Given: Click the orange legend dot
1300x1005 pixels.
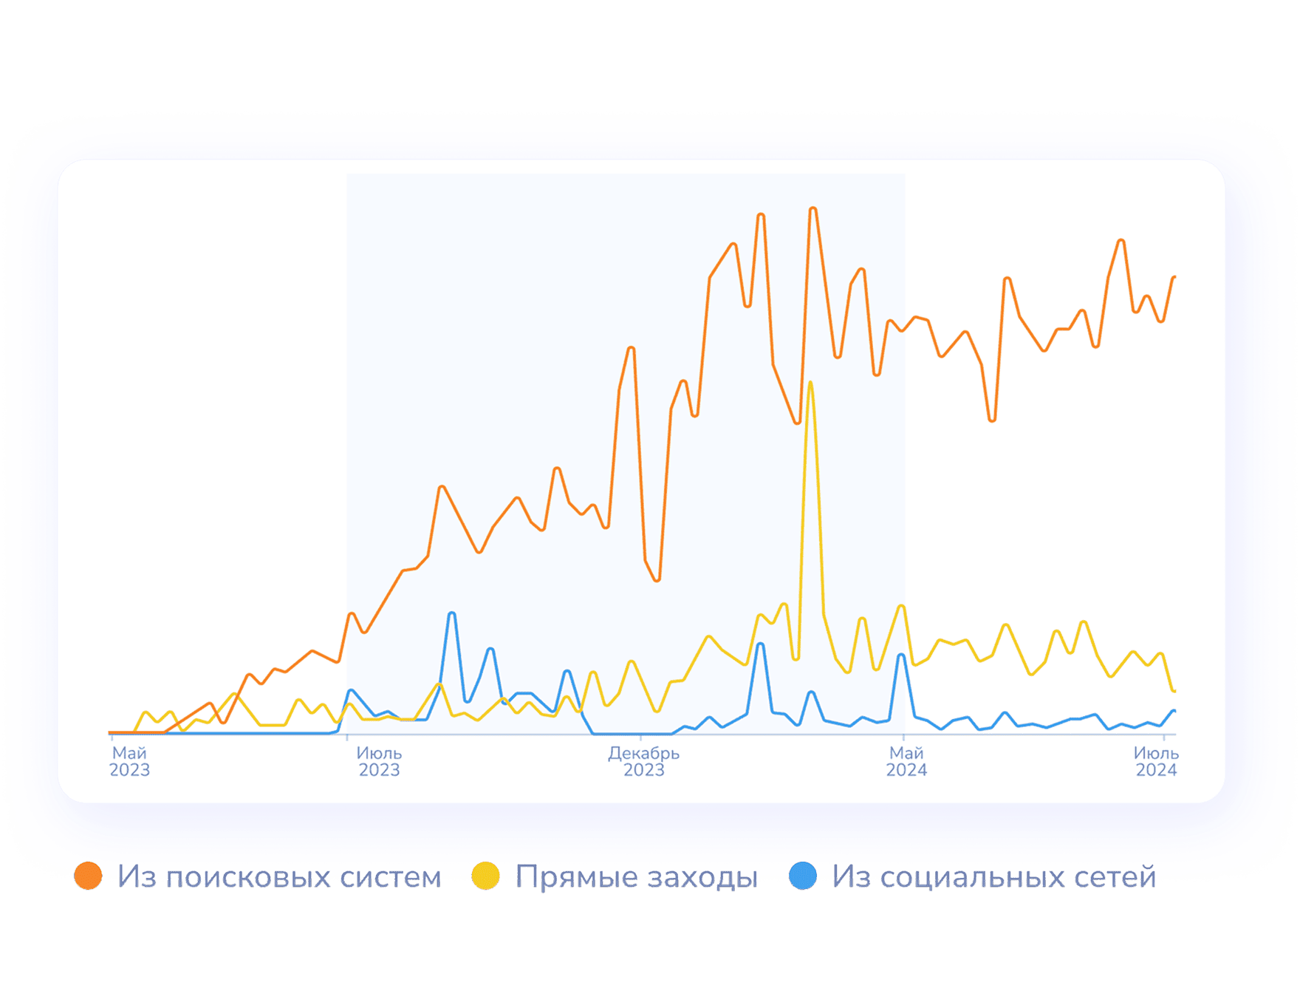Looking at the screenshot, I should coord(88,876).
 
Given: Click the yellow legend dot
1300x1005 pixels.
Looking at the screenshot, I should coord(486,876).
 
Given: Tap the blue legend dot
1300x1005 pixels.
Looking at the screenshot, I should coord(803,876).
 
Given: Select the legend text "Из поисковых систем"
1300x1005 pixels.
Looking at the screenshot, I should coord(279,876).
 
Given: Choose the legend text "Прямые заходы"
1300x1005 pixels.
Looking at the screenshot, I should coord(637,876).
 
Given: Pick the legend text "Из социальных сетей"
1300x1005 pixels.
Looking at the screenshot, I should coord(993,876).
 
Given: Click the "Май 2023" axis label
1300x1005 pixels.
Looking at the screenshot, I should coord(129,762).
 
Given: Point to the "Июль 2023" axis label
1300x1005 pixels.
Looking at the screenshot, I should coord(379,762).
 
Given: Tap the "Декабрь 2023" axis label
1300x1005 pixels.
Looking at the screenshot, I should coord(643,762).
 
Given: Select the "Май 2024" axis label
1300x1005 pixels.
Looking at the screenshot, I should coord(906,762).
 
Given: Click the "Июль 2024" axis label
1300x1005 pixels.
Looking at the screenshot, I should coord(1156,762).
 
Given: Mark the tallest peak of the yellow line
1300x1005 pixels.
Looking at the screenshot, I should coord(810,383).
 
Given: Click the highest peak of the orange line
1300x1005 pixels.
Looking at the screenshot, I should coord(812,209).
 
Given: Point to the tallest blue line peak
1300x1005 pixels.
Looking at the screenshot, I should coord(452,613).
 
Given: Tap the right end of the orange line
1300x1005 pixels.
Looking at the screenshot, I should coord(1174,278).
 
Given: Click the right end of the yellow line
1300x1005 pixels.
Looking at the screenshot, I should coord(1174,691).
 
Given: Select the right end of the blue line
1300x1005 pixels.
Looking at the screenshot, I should coord(1174,711).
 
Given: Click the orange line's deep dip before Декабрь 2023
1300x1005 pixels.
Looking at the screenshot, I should coord(657,580).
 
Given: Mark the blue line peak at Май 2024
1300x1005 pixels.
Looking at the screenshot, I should coord(901,655).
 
